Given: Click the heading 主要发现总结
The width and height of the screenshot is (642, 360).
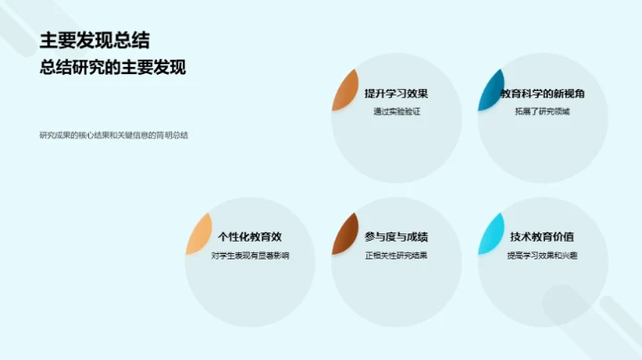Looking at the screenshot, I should pos(94,40).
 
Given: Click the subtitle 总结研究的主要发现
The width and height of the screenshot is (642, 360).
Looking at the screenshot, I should pos(112,68).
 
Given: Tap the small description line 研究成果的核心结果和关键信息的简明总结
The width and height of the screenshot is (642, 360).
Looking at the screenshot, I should pos(113,135).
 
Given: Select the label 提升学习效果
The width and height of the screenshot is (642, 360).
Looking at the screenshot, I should pos(396,93).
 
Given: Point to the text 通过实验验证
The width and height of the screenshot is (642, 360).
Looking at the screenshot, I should pos(396,111).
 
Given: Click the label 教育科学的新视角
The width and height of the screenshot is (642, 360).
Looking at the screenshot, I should pos(542,93).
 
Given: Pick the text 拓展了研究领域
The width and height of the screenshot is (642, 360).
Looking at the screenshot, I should pos(542,111).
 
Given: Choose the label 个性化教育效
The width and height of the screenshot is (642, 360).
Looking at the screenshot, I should pos(251,237).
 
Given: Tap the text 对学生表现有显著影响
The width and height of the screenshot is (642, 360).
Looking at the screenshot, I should pos(251,256).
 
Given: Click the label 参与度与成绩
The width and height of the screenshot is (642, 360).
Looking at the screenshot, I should pos(396,237).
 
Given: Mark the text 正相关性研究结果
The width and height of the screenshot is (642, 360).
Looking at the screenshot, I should pos(396,256).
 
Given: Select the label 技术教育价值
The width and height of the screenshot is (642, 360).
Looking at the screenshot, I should pos(542,237).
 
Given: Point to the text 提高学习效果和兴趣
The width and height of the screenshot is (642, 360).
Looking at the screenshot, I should pos(542,256).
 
